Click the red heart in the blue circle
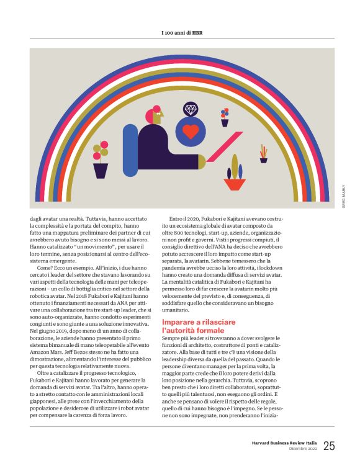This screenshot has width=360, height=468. click(x=191, y=132)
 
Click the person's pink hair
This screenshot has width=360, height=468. click(x=151, y=115)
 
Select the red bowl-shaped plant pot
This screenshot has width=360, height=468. click(x=235, y=184)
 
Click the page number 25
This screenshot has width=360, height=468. click(x=329, y=445)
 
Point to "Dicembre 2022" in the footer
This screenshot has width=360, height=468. click(x=303, y=449)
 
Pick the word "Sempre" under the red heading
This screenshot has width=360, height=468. click(x=171, y=337)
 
